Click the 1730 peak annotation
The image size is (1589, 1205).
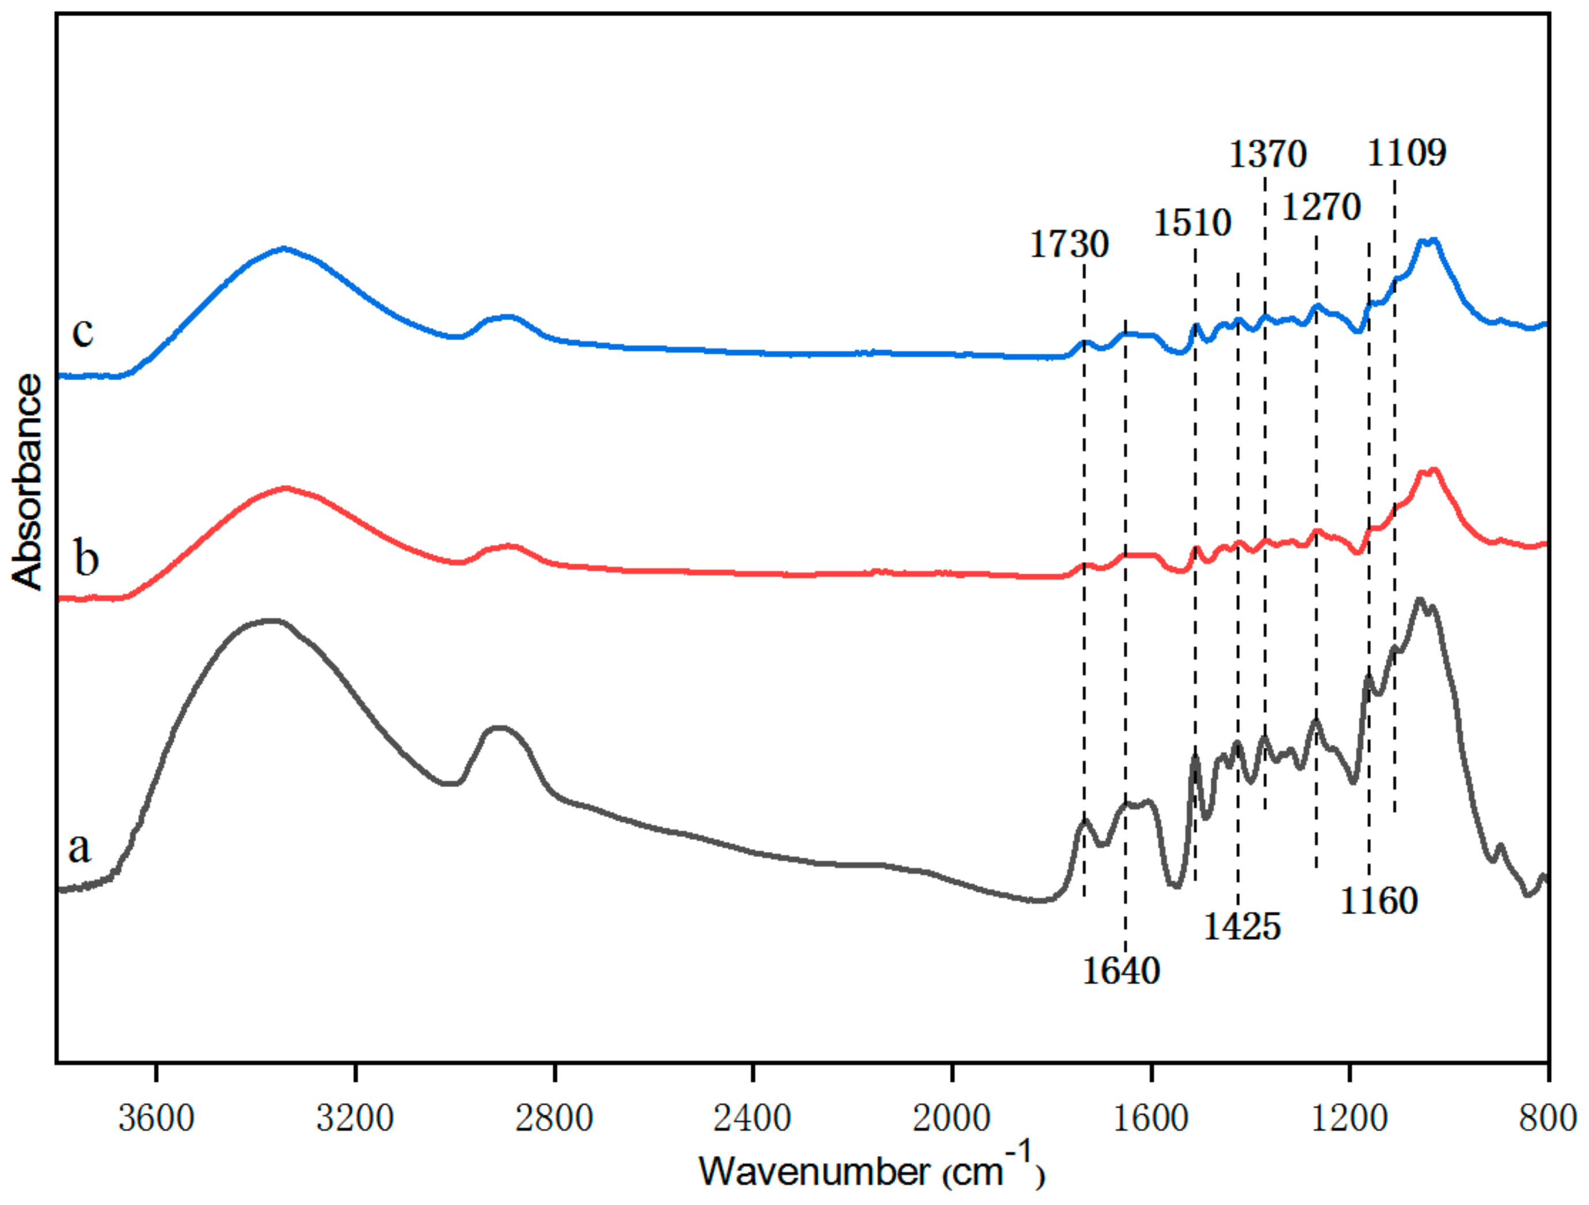pos(1069,245)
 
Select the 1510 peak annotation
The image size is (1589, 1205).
pos(1192,223)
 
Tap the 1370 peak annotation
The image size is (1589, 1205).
pos(1268,155)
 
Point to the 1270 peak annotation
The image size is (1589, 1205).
pos(1322,209)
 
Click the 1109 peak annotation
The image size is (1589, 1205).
pos(1406,154)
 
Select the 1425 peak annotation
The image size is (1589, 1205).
pos(1242,927)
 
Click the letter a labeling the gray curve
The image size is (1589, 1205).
pos(79,848)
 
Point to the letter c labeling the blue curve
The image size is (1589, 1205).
pos(82,333)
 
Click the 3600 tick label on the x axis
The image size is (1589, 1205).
pos(156,1119)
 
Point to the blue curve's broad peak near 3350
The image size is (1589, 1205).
pos(284,249)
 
